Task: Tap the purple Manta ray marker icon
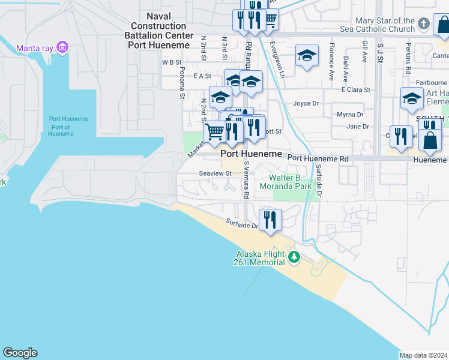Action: [x=62, y=47]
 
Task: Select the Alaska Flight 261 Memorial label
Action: [x=259, y=258]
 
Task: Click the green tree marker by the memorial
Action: [x=294, y=257]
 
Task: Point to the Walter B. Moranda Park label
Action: [x=291, y=182]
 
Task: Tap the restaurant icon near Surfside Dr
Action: [x=270, y=220]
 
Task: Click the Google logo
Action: [x=20, y=353]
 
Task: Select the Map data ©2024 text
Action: [x=424, y=355]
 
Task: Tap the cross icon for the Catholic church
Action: [x=424, y=24]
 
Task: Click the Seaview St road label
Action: [x=215, y=173]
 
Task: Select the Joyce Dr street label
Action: [x=306, y=103]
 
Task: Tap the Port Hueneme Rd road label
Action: [x=318, y=158]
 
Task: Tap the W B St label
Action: [x=171, y=62]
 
